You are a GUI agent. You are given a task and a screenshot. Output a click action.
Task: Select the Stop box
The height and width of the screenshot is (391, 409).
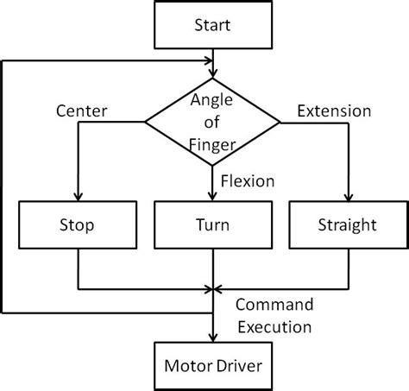tap(78, 225)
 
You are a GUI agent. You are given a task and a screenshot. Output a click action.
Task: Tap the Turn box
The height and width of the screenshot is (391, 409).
tap(211, 225)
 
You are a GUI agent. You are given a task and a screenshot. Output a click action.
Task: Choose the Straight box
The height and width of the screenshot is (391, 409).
tap(346, 225)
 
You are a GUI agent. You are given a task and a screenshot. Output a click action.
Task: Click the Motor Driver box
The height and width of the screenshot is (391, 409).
tap(211, 363)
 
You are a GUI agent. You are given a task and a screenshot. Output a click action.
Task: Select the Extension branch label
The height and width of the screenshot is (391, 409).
tap(334, 111)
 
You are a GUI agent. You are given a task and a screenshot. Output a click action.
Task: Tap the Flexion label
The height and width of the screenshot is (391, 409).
tap(248, 182)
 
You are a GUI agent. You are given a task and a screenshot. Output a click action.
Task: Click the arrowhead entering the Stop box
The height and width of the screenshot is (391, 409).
tap(78, 198)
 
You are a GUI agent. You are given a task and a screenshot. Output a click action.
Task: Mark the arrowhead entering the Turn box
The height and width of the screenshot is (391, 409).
tap(212, 198)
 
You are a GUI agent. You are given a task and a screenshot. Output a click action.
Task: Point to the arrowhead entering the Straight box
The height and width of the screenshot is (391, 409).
tap(346, 198)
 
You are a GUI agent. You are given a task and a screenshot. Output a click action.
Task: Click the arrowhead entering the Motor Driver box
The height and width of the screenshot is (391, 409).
tap(212, 337)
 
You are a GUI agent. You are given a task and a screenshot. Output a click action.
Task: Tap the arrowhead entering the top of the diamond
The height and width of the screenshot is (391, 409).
tap(212, 71)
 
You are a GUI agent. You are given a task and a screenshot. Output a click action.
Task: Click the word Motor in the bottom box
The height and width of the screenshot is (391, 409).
tap(185, 363)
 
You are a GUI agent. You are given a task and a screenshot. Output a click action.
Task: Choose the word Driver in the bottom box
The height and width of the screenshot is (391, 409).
tap(236, 363)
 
